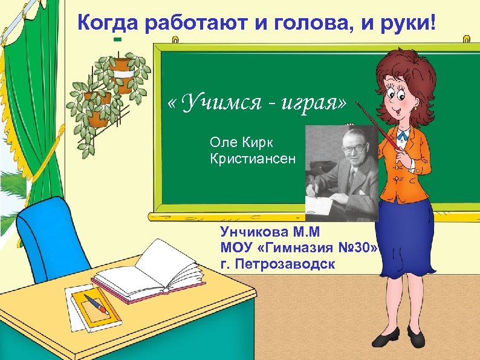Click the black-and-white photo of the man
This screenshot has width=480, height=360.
341,172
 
